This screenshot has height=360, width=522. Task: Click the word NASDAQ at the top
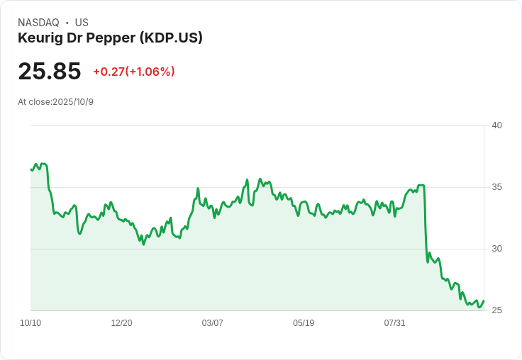38,23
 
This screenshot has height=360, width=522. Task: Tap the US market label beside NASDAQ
82,23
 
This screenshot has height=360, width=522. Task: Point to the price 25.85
49,72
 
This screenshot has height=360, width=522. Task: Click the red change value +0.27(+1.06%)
133,72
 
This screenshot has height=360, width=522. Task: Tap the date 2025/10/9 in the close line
73,102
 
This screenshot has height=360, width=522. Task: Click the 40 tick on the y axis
496,125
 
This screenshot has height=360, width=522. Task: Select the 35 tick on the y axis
496,187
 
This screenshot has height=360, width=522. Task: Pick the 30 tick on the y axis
496,249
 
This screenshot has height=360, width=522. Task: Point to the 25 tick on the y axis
496,310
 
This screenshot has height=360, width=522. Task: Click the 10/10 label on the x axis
30,323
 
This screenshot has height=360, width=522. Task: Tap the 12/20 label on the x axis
121,323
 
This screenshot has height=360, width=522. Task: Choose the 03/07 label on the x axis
212,323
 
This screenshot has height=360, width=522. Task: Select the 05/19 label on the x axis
304,323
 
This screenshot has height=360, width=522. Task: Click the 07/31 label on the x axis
394,323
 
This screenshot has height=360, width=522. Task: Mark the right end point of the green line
484,300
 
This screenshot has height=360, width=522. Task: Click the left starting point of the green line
31,169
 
